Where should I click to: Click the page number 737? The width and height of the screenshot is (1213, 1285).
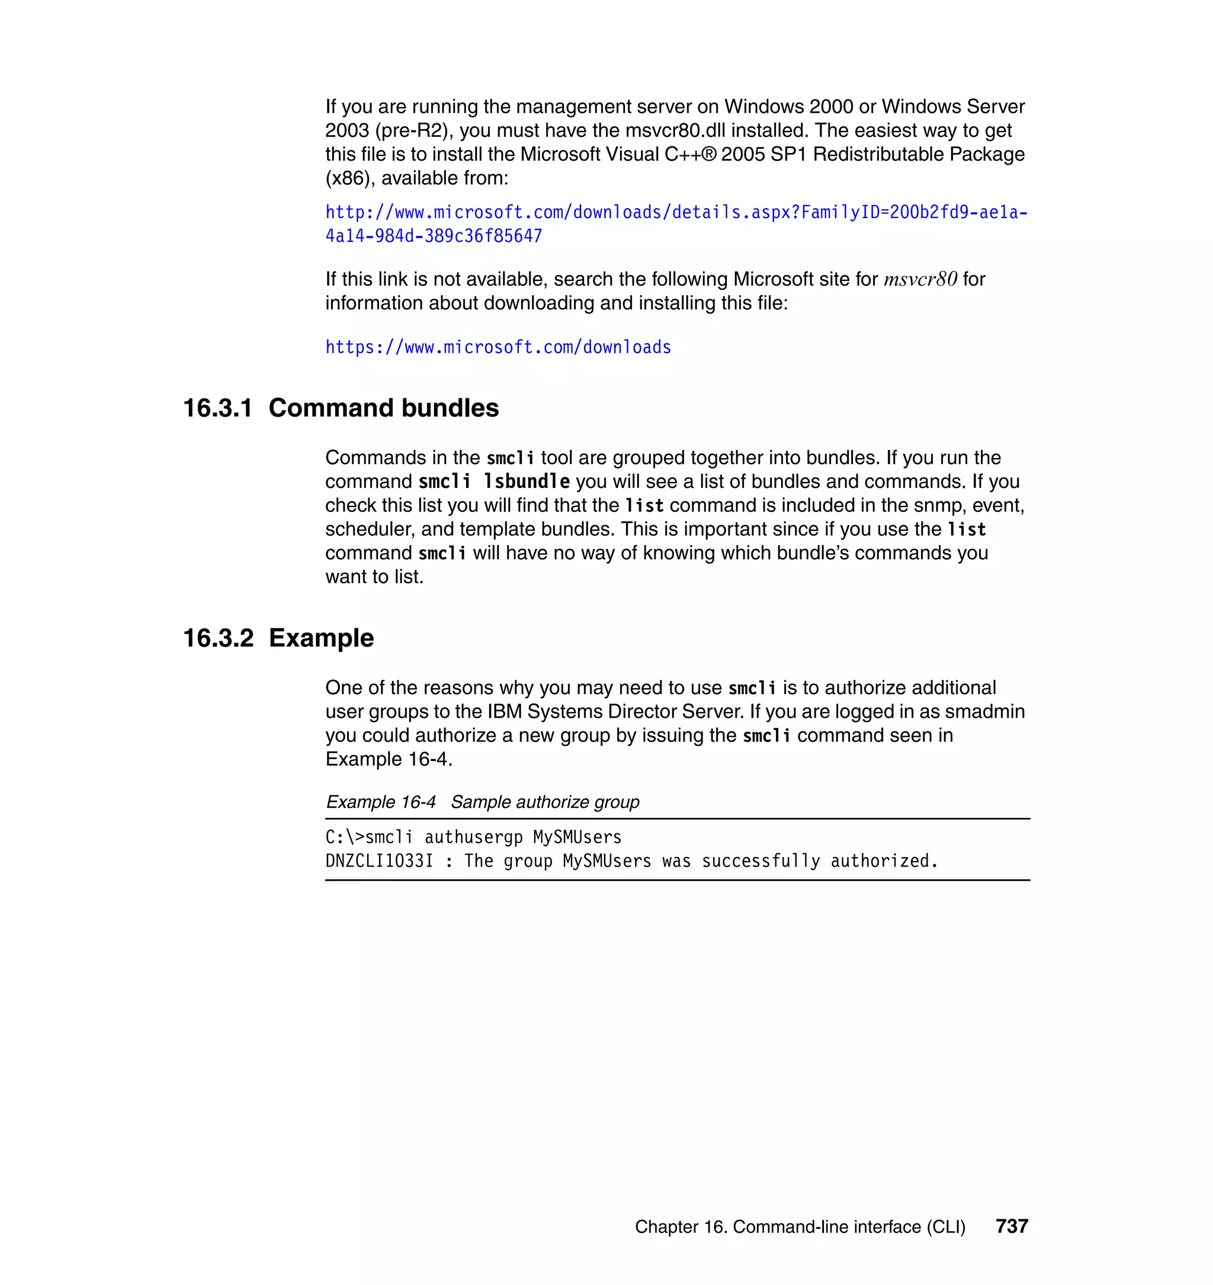(1011, 1226)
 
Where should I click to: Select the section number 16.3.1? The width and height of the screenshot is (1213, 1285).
(217, 408)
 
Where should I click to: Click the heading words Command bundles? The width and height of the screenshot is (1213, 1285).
(383, 408)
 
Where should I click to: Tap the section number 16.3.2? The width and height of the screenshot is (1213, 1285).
(218, 638)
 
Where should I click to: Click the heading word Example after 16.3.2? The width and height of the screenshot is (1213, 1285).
(322, 638)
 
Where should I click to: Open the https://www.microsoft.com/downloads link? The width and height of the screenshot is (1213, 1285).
(498, 347)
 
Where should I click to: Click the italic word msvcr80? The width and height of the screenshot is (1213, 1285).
(919, 280)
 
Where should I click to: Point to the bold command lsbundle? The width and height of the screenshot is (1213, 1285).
(527, 482)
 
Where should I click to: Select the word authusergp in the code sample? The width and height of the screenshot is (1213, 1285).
(473, 838)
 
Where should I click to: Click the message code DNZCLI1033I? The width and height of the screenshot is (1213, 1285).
(379, 861)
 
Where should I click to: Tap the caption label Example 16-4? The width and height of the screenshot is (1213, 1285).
(381, 803)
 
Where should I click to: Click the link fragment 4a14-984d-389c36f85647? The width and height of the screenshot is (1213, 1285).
(433, 236)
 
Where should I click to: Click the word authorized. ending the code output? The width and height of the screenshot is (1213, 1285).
(884, 861)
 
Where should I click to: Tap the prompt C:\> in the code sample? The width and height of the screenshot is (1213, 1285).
(345, 838)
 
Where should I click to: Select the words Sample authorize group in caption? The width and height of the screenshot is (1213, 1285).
(544, 803)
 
